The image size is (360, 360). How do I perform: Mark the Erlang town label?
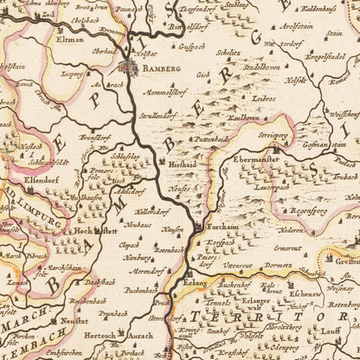coord(201,283)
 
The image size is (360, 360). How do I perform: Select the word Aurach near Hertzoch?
coord(139,333)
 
